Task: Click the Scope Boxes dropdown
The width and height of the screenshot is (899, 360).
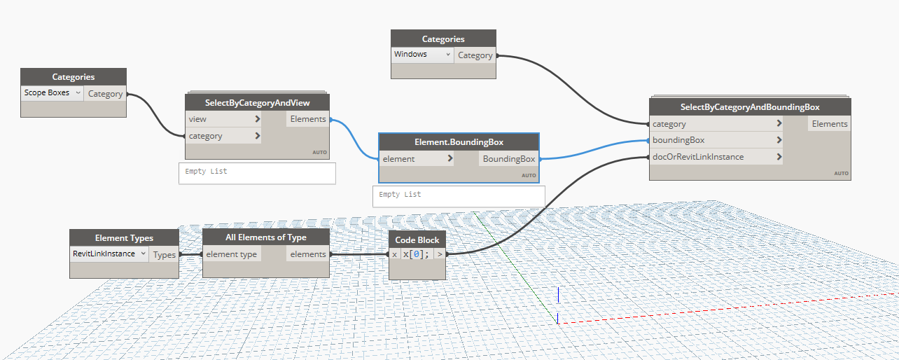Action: [x=53, y=93]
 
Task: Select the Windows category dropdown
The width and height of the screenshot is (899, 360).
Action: [x=422, y=55]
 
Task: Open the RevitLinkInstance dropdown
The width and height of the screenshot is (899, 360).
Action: [x=109, y=254]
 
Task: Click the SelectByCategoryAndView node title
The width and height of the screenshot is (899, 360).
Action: [x=257, y=103]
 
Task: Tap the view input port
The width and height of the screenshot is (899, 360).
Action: [x=223, y=119]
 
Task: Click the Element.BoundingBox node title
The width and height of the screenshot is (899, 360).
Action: [x=459, y=142]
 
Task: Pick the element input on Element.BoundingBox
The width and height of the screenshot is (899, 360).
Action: [x=417, y=159]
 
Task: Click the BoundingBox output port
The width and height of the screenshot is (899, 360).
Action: [x=509, y=159]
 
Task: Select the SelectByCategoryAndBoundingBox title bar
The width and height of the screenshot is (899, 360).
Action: [x=750, y=107]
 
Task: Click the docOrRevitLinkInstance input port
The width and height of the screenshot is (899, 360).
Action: [x=716, y=157]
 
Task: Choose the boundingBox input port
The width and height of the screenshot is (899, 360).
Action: [x=716, y=140]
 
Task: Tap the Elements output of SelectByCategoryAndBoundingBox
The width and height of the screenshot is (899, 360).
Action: [x=829, y=124]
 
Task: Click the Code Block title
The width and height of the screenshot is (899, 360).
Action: [x=417, y=240]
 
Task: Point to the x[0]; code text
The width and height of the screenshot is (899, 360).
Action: [x=416, y=254]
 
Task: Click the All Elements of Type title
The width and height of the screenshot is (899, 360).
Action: [x=265, y=237]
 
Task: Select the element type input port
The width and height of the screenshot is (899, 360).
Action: [x=232, y=254]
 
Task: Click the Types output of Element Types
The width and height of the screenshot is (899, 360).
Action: [x=164, y=255]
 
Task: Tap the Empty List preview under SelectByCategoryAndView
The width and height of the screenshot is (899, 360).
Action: [x=257, y=174]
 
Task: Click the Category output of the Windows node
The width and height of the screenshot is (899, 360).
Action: [x=475, y=55]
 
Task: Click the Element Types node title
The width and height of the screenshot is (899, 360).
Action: [x=124, y=238]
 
